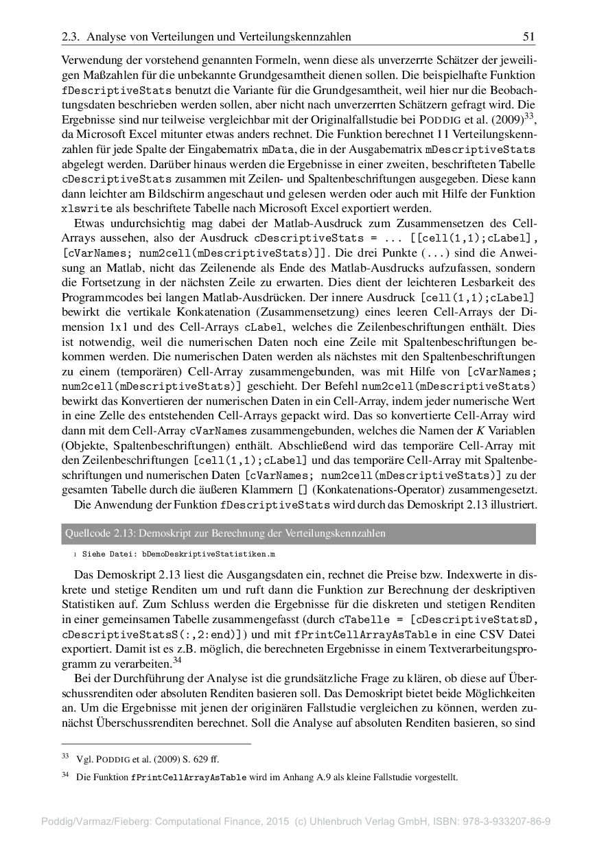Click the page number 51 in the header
tap(529, 36)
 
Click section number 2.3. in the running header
tap(71, 36)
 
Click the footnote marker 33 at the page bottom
tap(66, 757)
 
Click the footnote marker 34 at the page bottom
tap(66, 775)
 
